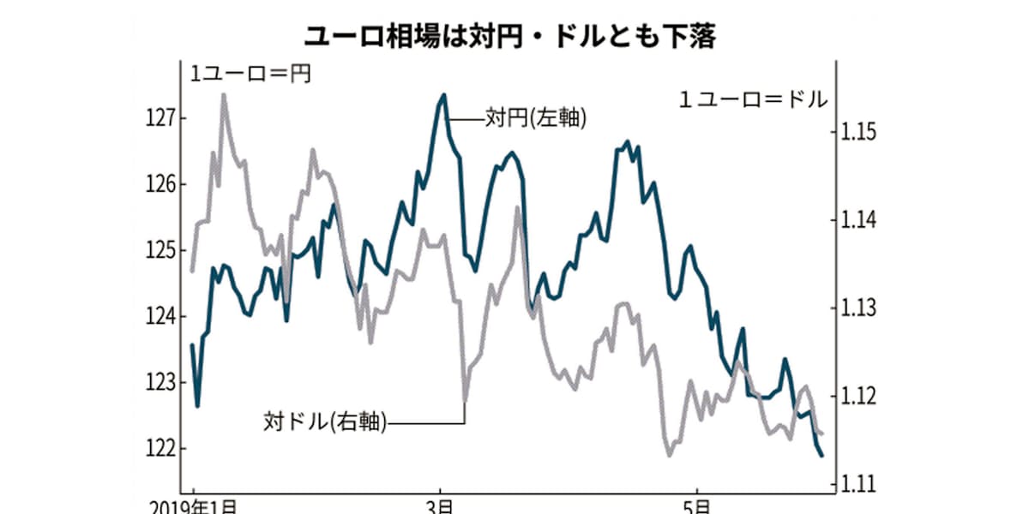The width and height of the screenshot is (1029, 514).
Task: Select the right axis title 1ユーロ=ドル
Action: coord(753,99)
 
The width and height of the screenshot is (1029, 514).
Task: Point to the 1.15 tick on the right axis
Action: coord(857,134)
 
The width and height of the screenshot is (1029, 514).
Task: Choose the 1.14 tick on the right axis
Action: coord(857,221)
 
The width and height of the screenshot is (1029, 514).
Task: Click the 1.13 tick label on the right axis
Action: coord(857,308)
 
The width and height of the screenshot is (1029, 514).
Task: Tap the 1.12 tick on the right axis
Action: coord(857,396)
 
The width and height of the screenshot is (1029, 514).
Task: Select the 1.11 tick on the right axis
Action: coord(857,484)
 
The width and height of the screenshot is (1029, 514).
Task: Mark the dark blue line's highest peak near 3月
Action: coord(443,95)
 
